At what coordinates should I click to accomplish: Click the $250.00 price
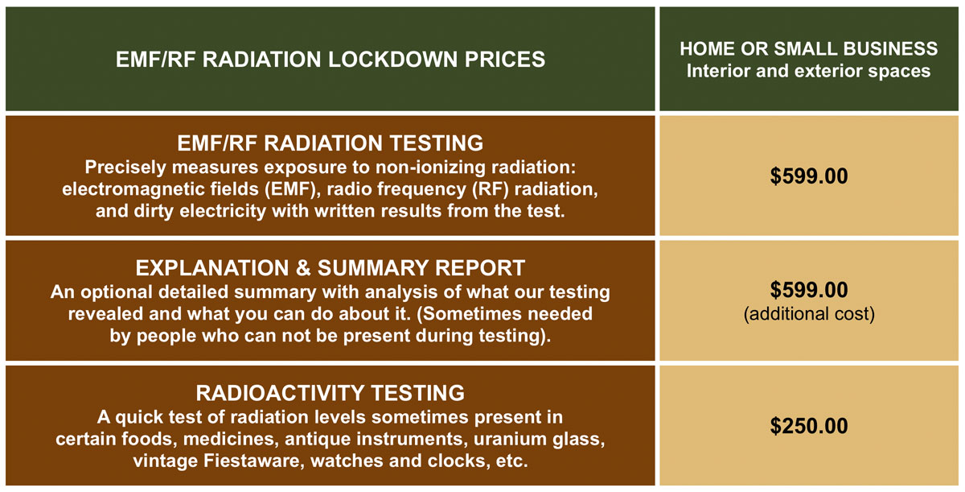click(809, 425)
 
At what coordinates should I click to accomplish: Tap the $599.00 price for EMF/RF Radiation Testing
click(809, 175)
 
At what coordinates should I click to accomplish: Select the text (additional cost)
click(809, 314)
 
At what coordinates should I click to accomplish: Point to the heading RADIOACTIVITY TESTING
click(330, 393)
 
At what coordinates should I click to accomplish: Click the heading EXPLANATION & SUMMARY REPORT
click(330, 267)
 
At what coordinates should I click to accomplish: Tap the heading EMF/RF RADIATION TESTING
click(330, 143)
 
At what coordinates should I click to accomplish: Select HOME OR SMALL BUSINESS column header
click(809, 48)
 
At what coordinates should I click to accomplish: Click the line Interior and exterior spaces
click(809, 71)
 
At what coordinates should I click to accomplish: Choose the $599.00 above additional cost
click(809, 291)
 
